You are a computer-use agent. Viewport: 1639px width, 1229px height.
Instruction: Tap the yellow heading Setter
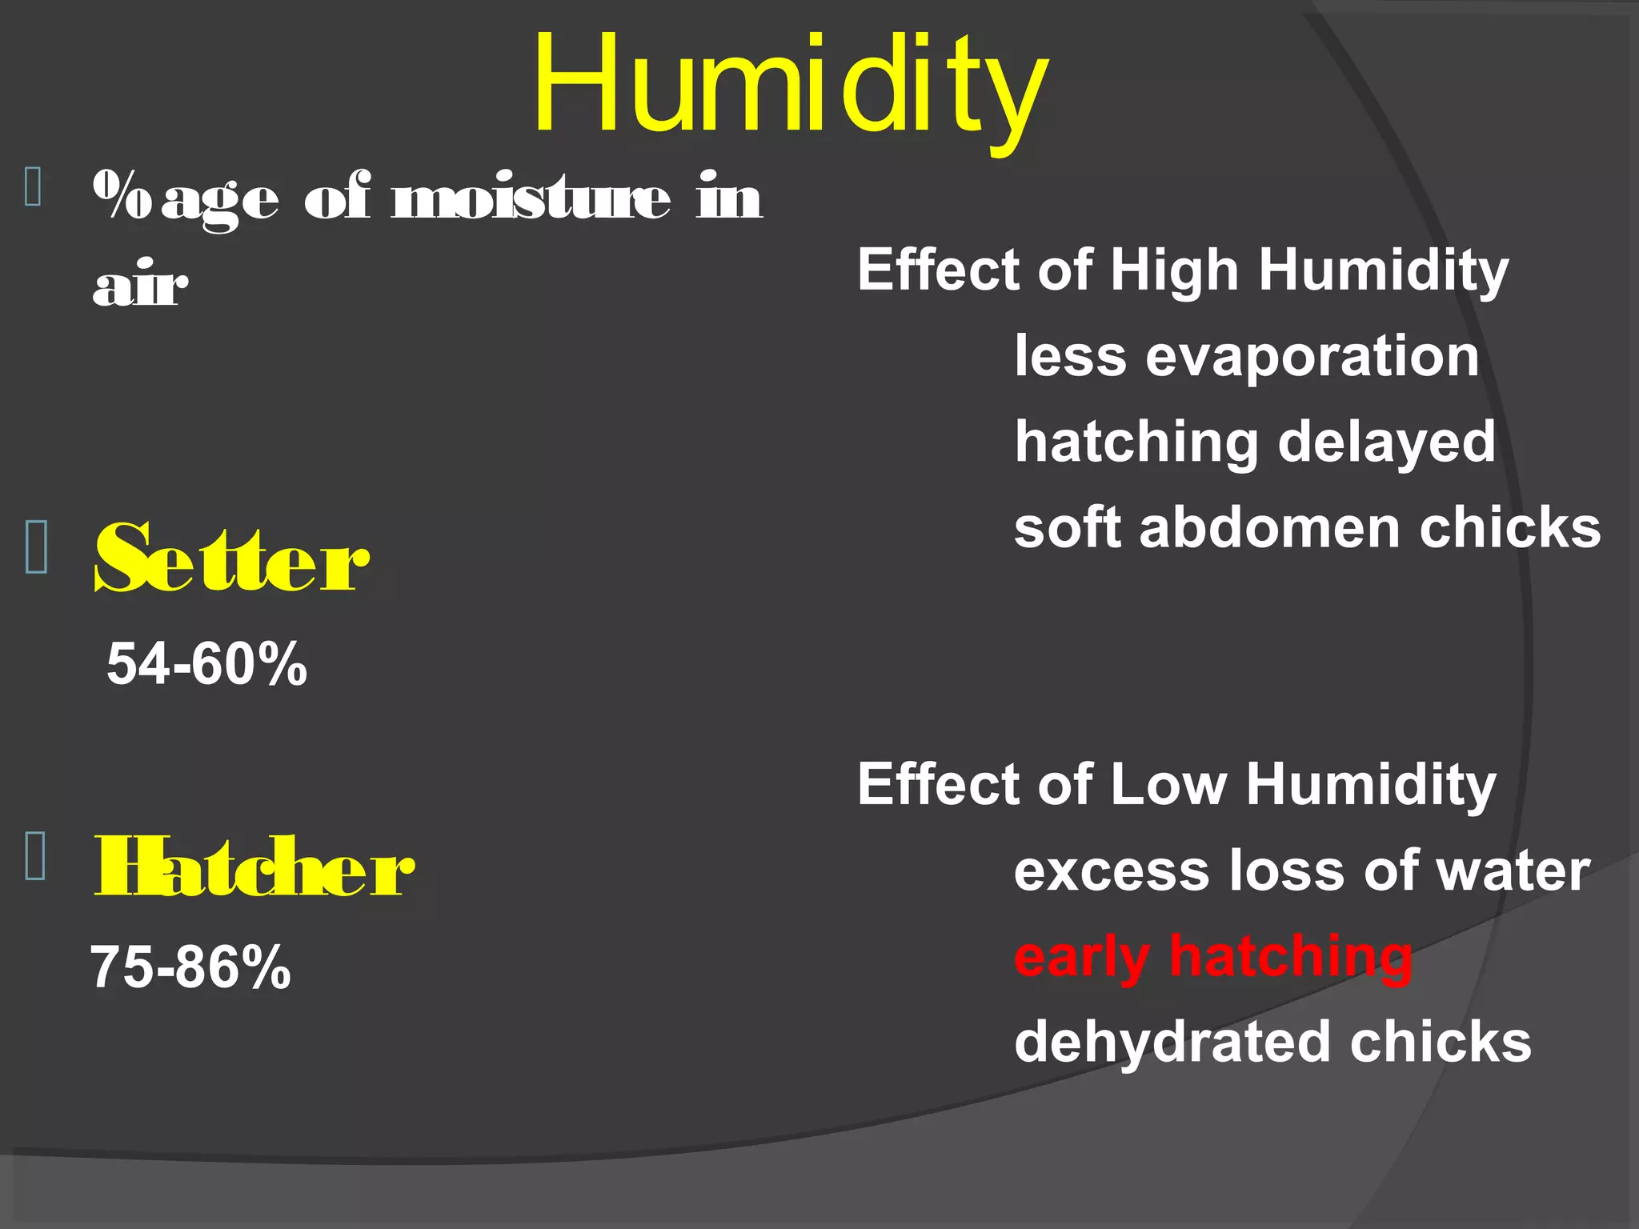click(232, 558)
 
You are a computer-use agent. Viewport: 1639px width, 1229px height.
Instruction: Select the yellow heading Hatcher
click(254, 867)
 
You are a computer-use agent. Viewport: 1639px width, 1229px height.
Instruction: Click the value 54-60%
click(206, 663)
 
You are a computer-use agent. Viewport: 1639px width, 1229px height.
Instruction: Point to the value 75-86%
click(190, 967)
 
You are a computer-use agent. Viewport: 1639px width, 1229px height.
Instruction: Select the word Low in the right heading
click(1168, 784)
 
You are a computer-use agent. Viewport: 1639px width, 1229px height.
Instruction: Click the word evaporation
click(1312, 356)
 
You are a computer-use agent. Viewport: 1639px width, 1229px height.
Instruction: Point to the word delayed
click(1387, 442)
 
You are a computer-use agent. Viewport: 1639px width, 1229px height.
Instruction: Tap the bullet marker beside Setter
click(37, 546)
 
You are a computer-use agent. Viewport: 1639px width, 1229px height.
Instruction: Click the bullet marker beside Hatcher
click(36, 855)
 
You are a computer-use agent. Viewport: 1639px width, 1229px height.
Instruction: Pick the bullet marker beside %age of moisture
click(34, 187)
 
